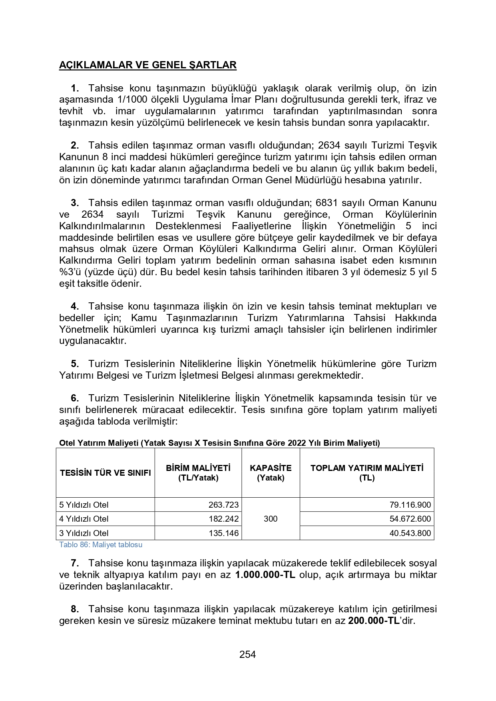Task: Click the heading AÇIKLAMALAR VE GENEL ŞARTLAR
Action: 148,65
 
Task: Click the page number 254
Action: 248,654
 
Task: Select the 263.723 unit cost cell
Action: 223,505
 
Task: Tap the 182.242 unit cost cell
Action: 223,519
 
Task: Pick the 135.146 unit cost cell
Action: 223,533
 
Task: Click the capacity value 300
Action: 271,519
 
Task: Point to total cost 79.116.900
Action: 410,505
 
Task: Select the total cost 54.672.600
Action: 410,519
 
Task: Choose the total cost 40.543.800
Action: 410,533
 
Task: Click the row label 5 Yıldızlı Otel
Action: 84,505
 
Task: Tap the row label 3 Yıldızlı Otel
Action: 84,533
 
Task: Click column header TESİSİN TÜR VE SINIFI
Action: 106,473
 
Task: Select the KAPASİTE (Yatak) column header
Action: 271,473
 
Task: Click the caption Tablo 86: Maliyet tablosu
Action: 101,545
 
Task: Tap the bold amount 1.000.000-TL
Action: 265,575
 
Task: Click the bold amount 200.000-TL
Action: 374,621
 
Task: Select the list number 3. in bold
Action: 75,203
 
